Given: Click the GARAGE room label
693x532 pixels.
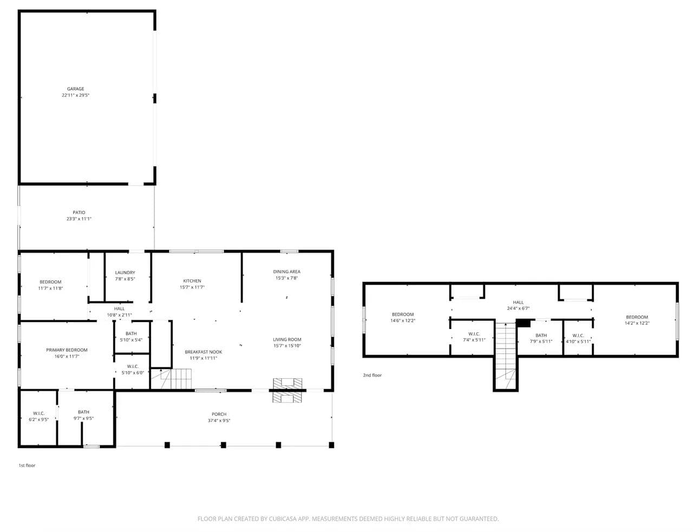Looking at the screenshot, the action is (x=76, y=89).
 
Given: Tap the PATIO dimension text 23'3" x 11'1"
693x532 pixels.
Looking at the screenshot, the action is (x=79, y=219).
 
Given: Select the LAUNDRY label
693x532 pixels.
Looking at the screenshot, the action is (x=125, y=273).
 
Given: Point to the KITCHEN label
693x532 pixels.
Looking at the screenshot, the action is (x=192, y=281).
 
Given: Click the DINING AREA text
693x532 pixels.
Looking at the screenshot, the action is (x=287, y=272).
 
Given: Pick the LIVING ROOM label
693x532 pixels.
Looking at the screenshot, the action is (x=287, y=339).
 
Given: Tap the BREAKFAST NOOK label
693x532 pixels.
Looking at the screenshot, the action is (x=204, y=352).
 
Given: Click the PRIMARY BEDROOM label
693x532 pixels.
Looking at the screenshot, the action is (x=67, y=350).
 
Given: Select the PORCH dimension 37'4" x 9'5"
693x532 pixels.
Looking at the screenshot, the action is (x=219, y=421).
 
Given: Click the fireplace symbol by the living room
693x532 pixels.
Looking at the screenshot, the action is (x=287, y=390).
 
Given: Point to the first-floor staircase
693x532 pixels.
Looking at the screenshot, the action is (x=171, y=379).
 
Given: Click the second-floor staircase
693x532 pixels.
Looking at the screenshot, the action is (x=506, y=356).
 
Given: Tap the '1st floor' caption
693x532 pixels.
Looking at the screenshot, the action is (x=27, y=465).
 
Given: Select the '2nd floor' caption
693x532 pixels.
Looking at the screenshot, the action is (x=372, y=375).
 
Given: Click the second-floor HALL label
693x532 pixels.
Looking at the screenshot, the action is (x=518, y=302).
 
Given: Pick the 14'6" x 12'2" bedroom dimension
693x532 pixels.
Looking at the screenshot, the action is (x=403, y=320).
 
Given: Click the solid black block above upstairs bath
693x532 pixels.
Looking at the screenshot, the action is (x=523, y=323).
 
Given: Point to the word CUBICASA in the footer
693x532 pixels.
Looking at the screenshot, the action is (x=283, y=519).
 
